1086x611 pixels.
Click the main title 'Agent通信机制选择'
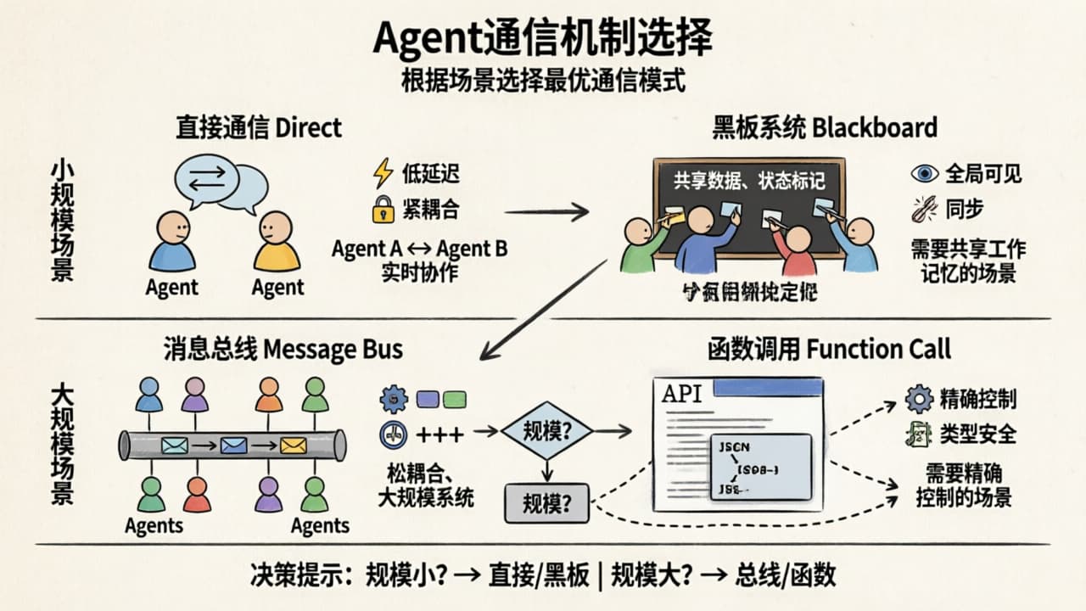coord(543,38)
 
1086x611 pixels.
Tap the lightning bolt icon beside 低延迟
coord(383,174)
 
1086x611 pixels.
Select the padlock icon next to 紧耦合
coord(383,209)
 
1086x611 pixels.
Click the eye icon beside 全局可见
coord(924,174)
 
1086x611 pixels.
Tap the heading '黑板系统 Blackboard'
coord(825,127)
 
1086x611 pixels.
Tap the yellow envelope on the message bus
coord(294,445)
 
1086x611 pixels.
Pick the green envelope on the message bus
coord(174,445)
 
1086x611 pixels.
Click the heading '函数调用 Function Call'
coord(829,349)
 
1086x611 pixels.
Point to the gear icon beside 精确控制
coord(919,399)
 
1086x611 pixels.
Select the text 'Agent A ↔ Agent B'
coord(419,249)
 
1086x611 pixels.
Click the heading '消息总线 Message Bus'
coord(283,349)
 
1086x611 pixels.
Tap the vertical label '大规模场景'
coord(62,444)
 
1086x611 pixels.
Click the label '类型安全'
coord(977,434)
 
